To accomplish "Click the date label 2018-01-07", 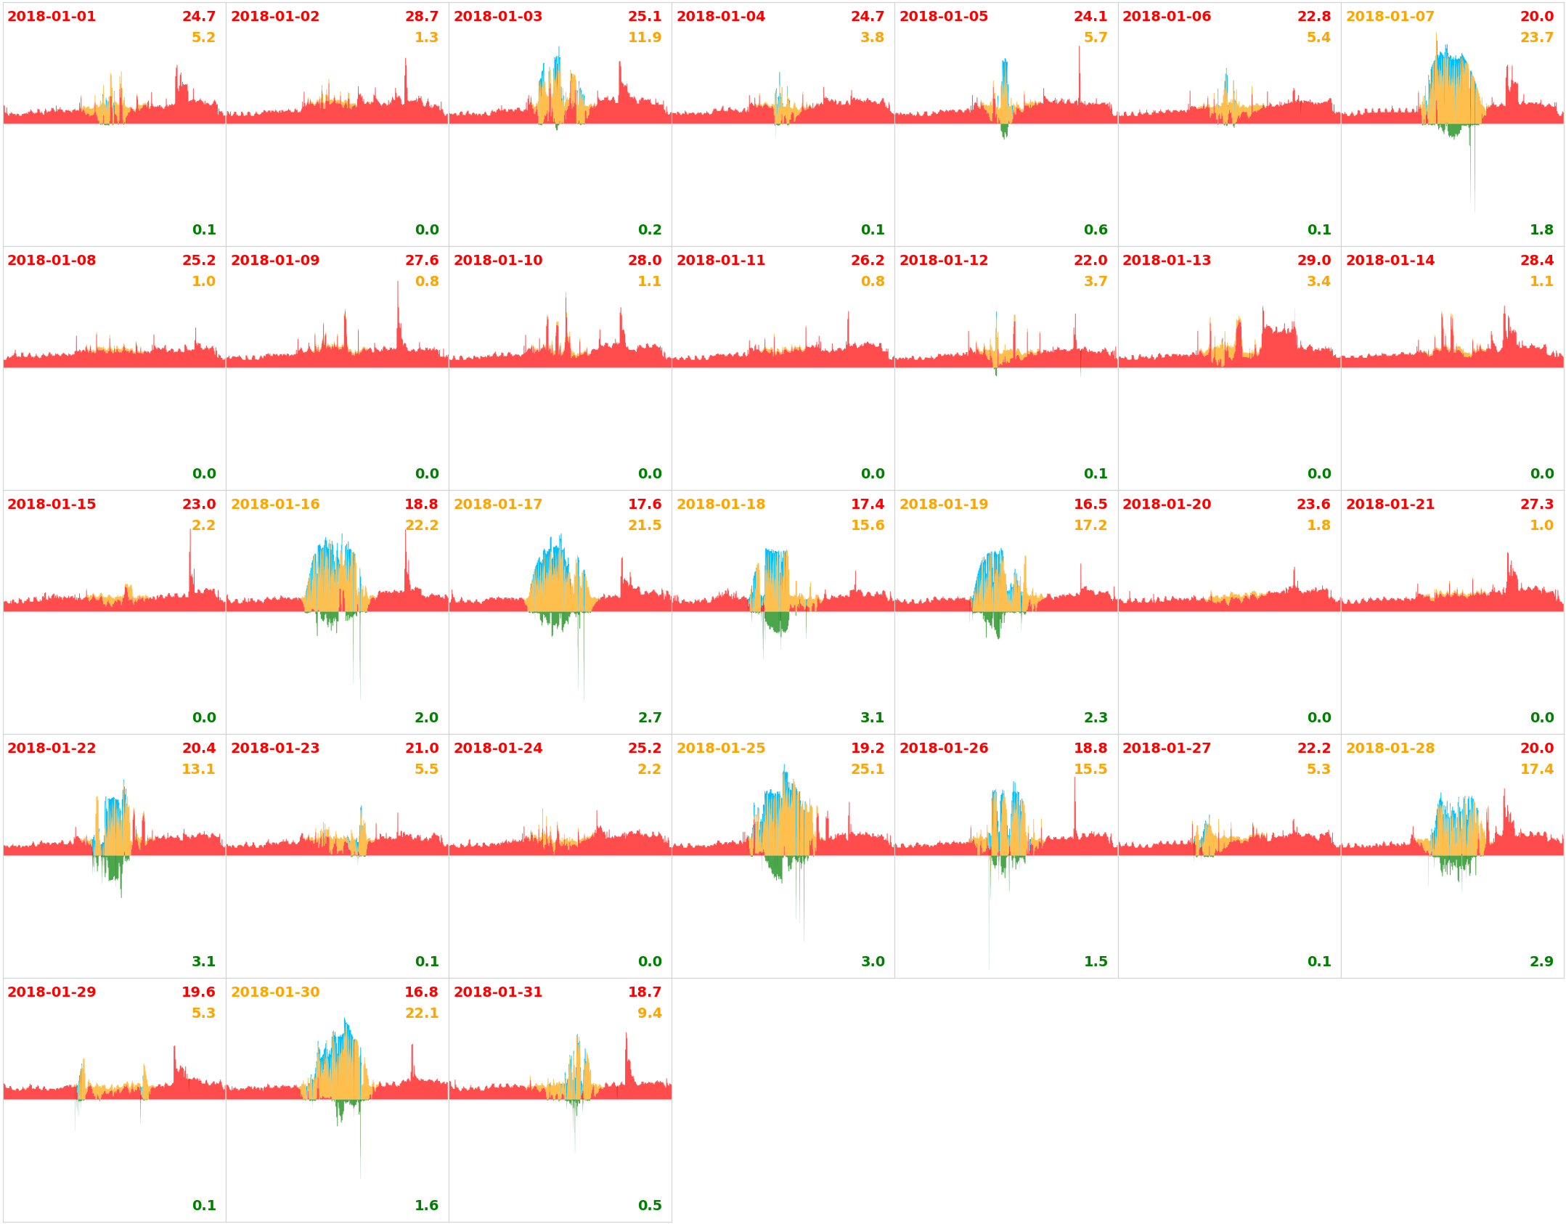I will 1390,17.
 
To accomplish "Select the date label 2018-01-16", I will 275,505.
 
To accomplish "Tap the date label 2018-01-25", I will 721,748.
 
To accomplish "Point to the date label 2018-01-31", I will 498,992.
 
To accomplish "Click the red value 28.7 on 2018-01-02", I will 422,17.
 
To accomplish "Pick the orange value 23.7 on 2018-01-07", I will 1537,38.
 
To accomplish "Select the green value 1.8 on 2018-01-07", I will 1541,230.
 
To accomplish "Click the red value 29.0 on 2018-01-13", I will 1313,261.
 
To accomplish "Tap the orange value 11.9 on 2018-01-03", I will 645,38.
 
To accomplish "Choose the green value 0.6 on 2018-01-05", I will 1096,230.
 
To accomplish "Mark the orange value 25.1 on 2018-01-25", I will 868,770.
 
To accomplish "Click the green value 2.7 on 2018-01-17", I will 650,718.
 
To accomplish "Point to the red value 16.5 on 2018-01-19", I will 1090,505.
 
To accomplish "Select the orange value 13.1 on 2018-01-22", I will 198,770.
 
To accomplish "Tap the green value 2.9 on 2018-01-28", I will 1541,962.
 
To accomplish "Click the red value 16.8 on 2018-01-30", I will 421,992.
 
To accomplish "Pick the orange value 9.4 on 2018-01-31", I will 650,1013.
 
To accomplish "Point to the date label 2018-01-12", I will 944,261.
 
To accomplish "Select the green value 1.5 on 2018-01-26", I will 1096,962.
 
